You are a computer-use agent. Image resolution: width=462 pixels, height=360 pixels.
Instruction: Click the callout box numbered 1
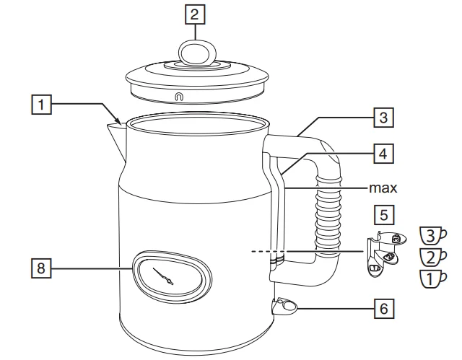tap(45, 105)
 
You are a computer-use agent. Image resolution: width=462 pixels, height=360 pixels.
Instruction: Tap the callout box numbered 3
tap(382, 116)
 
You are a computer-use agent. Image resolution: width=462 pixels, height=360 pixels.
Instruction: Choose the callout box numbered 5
tap(383, 214)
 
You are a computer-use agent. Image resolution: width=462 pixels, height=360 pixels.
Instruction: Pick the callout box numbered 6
tap(382, 309)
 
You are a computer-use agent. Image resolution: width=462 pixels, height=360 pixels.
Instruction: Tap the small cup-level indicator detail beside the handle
tap(383, 253)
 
